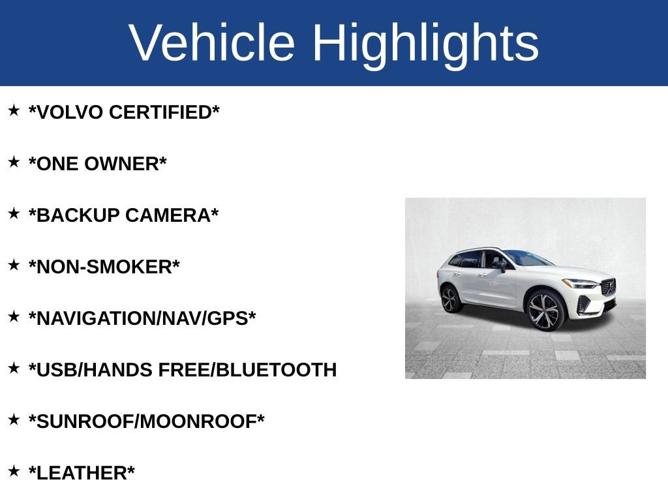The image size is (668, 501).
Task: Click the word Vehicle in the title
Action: [x=212, y=43]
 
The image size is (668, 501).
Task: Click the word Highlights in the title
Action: [x=425, y=43]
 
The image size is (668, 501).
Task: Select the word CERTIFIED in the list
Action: [x=163, y=113]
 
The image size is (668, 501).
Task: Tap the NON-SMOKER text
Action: [x=104, y=267]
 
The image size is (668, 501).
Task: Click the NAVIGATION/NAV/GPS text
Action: [x=142, y=319]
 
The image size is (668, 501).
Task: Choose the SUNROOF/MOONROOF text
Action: [x=147, y=422]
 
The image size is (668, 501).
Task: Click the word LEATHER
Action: [x=82, y=474]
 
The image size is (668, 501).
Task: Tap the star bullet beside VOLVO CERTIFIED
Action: [x=14, y=110]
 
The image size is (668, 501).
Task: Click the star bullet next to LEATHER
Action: [x=14, y=471]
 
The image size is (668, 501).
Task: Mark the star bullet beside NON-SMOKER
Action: [x=14, y=265]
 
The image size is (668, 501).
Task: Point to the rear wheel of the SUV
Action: [x=450, y=299]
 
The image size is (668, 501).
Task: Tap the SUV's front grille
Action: [x=609, y=288]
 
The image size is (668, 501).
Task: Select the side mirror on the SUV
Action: [x=500, y=265]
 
